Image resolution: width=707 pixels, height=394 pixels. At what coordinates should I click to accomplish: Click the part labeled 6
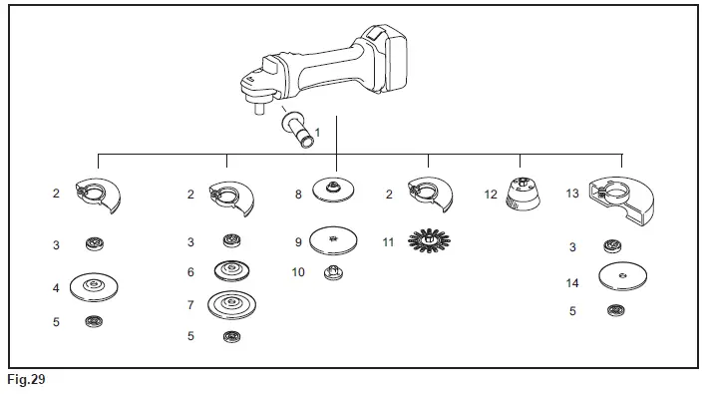click(231, 271)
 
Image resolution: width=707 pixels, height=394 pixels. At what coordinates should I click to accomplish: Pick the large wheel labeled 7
click(231, 303)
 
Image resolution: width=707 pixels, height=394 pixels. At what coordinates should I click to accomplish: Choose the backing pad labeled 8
click(335, 190)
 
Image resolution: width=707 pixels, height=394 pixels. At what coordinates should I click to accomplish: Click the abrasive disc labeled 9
click(335, 240)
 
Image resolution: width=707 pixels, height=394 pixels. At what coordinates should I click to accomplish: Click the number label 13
click(572, 194)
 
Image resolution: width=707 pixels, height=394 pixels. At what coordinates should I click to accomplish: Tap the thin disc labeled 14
click(620, 276)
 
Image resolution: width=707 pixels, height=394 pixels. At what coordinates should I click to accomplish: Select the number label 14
click(572, 283)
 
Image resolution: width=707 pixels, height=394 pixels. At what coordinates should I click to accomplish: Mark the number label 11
click(388, 241)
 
